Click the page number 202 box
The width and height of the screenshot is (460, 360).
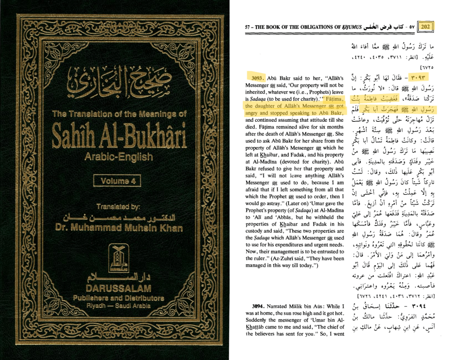[425, 26]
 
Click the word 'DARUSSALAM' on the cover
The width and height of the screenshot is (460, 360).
[119, 288]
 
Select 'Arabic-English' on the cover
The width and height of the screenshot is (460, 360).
[119, 157]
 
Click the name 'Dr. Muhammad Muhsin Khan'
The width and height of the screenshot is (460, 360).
[119, 227]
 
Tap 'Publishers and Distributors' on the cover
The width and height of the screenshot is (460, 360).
[119, 298]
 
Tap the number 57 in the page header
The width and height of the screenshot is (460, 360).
[248, 27]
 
